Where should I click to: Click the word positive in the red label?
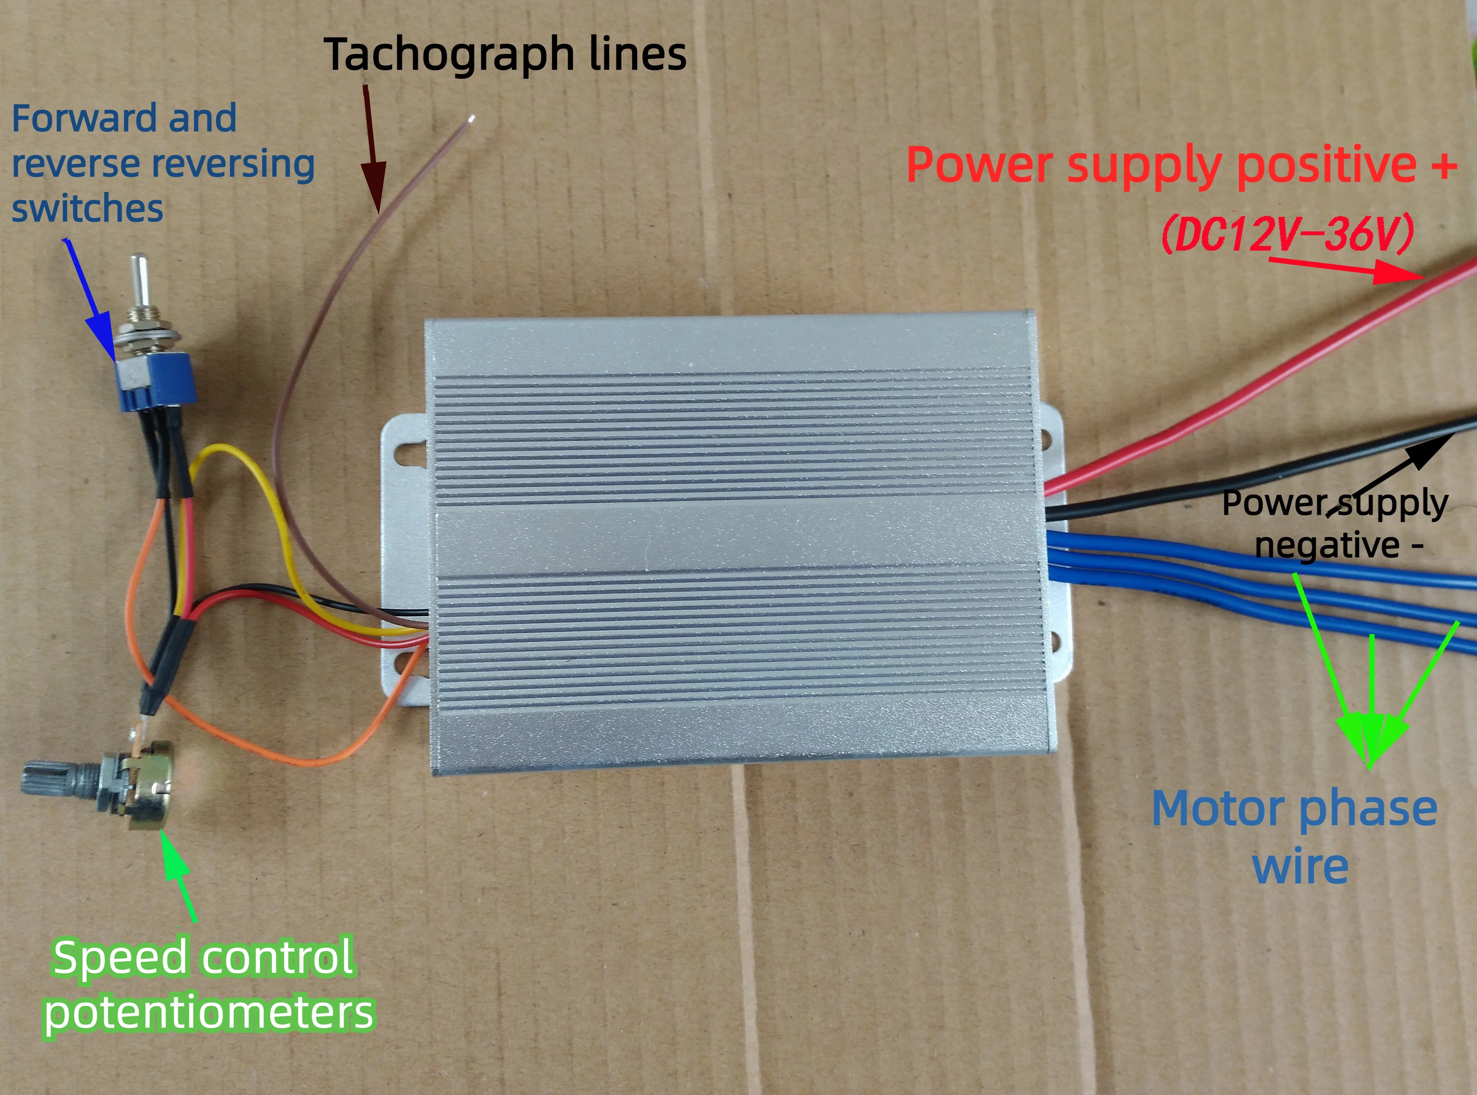point(1326,166)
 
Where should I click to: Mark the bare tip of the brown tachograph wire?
point(471,119)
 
